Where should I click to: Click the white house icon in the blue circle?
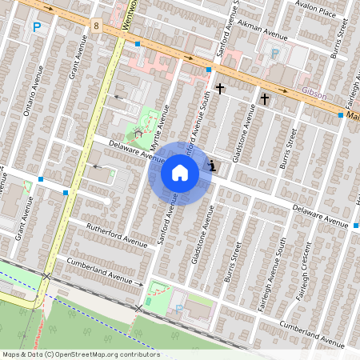tap(180, 172)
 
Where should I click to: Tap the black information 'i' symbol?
tap(212, 166)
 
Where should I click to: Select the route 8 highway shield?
tap(96, 26)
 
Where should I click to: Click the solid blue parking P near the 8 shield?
tap(36, 27)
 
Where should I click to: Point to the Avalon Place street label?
tap(315, 12)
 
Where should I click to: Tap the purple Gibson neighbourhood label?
tap(314, 94)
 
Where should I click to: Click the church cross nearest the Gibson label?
tap(265, 98)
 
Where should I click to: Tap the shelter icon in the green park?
tap(138, 131)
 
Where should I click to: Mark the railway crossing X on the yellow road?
tap(46, 276)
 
